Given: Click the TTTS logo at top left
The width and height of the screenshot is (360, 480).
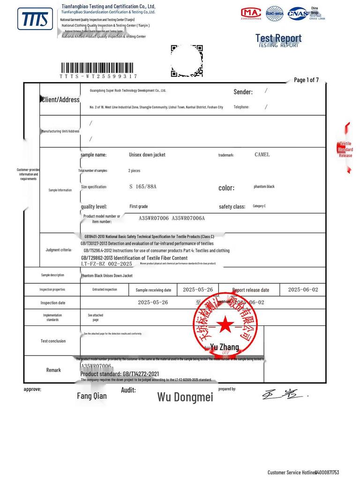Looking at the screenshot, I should coord(35,19).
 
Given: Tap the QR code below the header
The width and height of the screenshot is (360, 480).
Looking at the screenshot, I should coord(187,60).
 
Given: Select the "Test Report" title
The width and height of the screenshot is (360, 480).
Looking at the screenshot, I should coord(278,38).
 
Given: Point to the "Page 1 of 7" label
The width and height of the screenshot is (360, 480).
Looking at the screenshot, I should coord(306,80).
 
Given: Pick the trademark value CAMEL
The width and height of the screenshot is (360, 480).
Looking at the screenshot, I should coord(262,155).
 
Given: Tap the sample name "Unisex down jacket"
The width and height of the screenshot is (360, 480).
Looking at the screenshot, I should coord(147,155).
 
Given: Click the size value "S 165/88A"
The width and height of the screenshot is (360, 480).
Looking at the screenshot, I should coord(143,187).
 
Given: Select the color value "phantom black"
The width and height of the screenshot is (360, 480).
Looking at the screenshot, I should coord(264,187).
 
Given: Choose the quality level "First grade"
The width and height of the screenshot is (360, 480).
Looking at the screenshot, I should coord(139,206).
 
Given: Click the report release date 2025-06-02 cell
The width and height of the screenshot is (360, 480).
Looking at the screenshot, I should coord(303,290).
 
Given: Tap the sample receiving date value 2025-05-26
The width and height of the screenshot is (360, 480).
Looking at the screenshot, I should coord(198,290).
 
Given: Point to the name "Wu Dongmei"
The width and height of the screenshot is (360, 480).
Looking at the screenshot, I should coord(185,397).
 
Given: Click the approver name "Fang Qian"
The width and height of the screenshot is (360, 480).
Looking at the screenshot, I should coord(92,396).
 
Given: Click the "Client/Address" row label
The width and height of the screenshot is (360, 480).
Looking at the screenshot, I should coord(60,99).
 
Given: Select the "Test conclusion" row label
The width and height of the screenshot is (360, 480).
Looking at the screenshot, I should coord(53,341).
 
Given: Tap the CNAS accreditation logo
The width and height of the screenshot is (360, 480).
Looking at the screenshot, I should coord(298,13).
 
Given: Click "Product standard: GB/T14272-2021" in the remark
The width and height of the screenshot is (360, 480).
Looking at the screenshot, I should coord(123,374).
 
